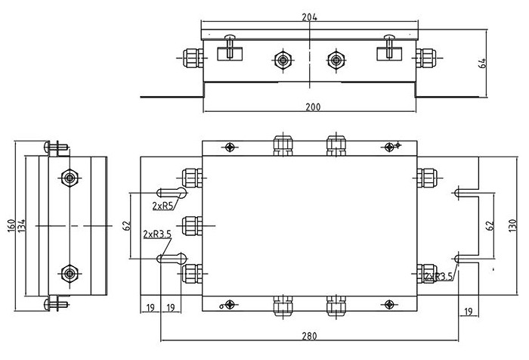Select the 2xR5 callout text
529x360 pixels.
(x=162, y=206)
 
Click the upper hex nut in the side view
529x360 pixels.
(x=70, y=178)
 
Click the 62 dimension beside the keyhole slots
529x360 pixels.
(x=127, y=225)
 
